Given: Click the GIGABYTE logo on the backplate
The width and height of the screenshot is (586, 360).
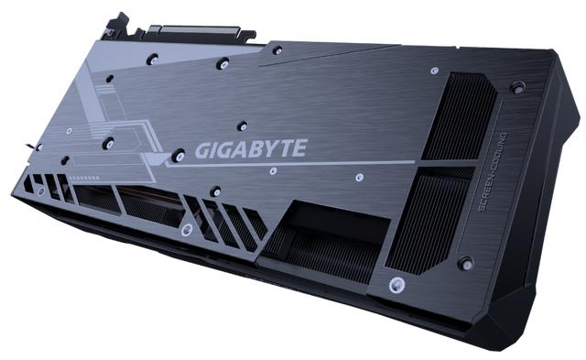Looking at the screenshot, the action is [251, 148].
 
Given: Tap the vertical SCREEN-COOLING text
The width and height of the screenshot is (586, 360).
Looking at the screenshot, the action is [493, 171].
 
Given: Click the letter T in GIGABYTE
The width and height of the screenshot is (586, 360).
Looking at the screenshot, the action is [285, 148].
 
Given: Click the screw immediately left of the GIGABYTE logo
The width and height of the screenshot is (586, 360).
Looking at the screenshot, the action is [179, 155].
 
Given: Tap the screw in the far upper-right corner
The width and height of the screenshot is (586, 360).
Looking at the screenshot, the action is [518, 87].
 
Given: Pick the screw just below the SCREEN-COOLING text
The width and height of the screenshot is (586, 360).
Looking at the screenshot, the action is [466, 264].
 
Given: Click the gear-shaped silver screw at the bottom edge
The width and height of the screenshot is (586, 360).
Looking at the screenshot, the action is [395, 286].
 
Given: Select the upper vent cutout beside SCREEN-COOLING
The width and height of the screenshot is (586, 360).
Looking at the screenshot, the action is [458, 116].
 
